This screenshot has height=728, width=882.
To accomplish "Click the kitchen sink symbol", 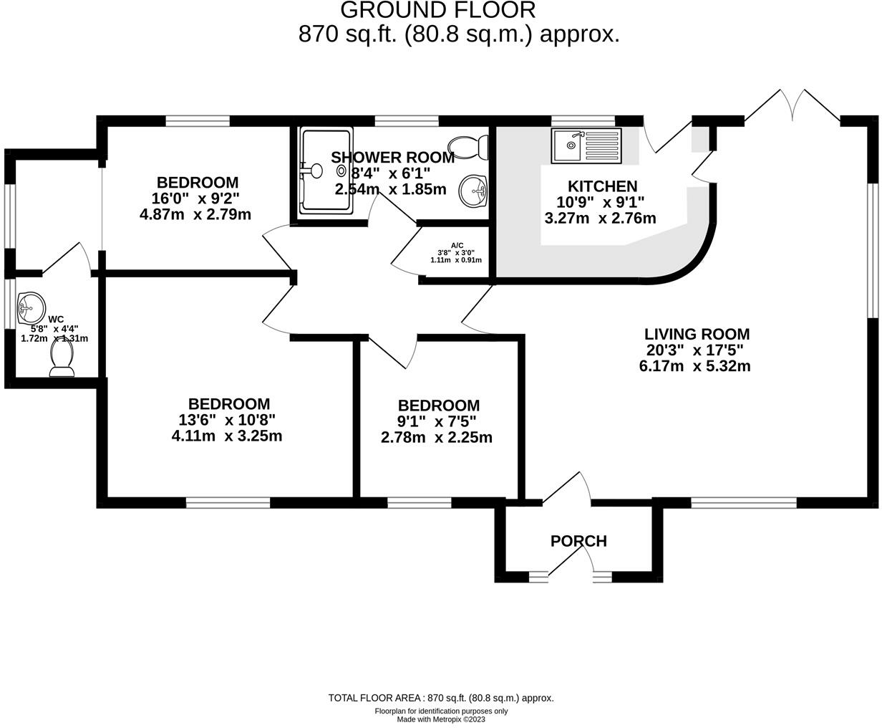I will click(x=586, y=145).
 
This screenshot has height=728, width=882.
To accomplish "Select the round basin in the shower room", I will click(x=473, y=190).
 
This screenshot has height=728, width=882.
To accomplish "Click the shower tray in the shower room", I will click(x=326, y=171).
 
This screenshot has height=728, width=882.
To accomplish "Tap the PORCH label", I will click(x=578, y=541).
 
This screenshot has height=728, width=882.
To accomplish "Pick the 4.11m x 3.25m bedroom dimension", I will click(x=227, y=436).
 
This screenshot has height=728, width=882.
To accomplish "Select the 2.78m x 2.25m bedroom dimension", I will click(x=437, y=437).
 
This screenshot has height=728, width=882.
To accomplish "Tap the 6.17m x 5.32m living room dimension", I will click(x=694, y=366).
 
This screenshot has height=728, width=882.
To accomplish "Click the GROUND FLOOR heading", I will click(x=437, y=10).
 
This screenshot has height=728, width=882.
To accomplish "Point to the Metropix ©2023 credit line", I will click(x=441, y=719).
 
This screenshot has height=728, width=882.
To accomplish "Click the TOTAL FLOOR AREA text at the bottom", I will click(x=441, y=698).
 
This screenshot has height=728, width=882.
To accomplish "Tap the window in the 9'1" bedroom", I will click(x=420, y=503).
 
